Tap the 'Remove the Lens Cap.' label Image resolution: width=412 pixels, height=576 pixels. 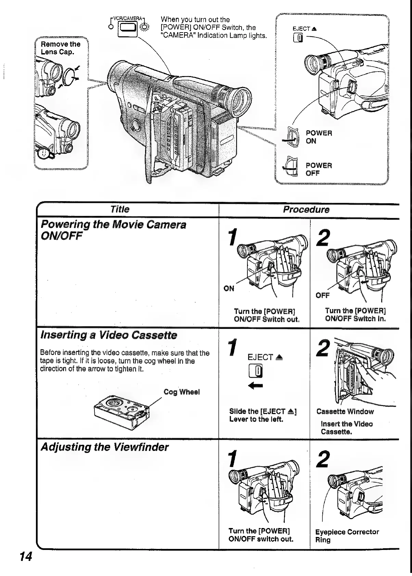click(x=60, y=48)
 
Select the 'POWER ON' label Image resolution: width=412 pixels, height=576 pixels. click(x=318, y=137)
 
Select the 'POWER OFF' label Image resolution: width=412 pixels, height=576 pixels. click(x=318, y=169)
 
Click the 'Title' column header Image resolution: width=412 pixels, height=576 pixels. click(x=120, y=209)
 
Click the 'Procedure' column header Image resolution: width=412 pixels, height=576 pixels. click(x=306, y=210)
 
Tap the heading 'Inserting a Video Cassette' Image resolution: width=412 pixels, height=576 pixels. click(x=108, y=335)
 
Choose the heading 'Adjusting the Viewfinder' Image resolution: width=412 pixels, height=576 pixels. click(x=104, y=447)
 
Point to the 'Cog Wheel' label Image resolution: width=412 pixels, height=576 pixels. click(x=181, y=392)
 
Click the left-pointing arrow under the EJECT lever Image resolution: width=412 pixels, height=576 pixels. click(x=257, y=386)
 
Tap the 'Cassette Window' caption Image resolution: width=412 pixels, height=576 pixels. click(x=345, y=412)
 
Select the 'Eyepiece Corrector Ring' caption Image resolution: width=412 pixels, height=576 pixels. click(x=347, y=536)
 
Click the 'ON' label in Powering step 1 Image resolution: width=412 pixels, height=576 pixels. click(x=229, y=289)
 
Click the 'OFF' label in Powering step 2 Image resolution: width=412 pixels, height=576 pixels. click(x=322, y=295)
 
